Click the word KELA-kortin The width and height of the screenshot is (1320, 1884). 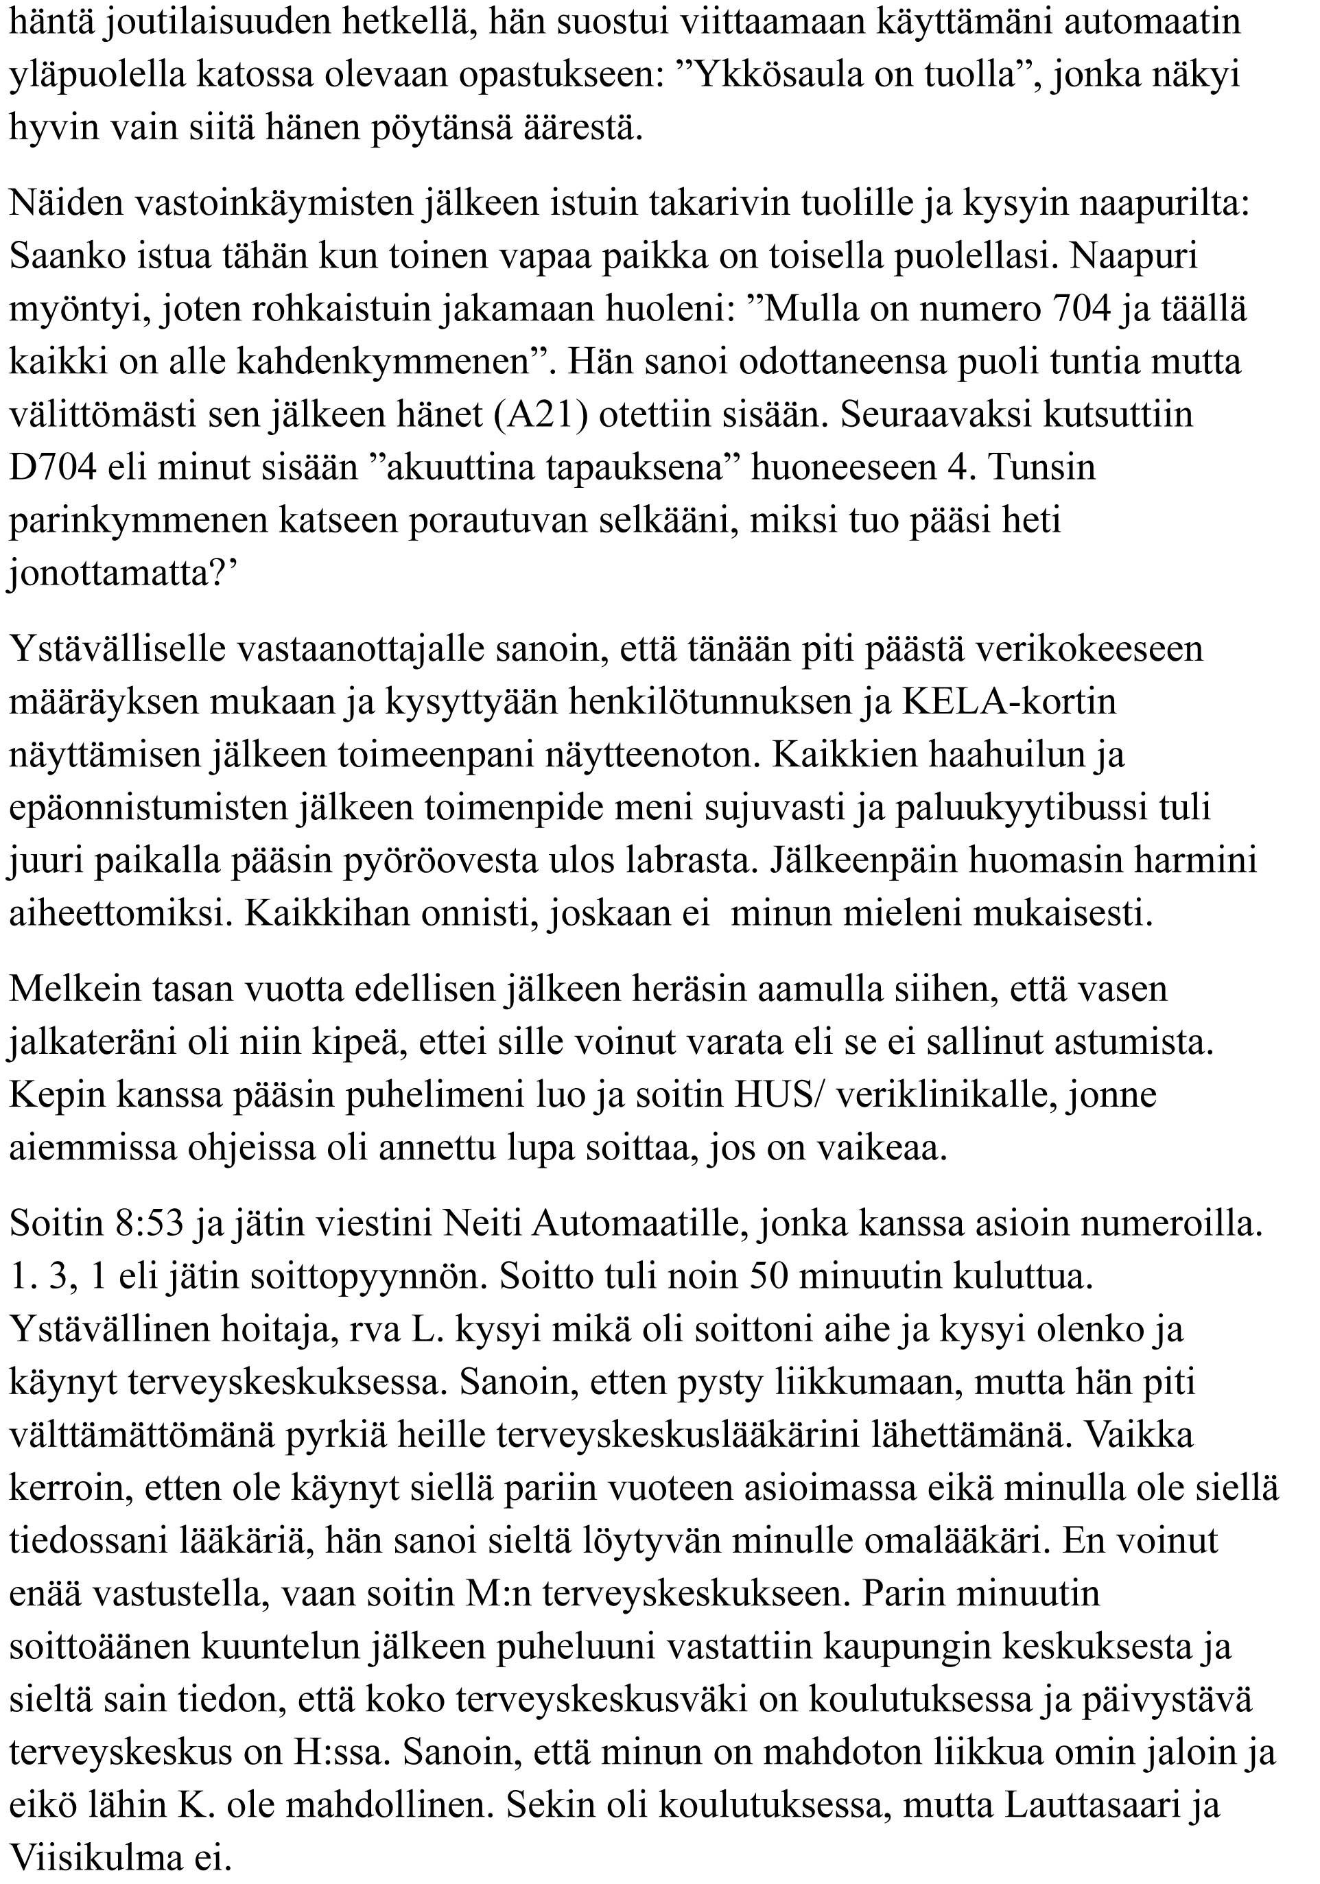tap(1009, 702)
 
